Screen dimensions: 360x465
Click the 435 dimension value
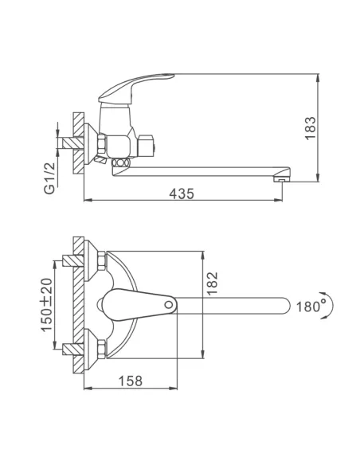pyautogui.click(x=182, y=194)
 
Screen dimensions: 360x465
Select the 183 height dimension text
pyautogui.click(x=311, y=128)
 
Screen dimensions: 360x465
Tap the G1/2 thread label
pyautogui.click(x=49, y=178)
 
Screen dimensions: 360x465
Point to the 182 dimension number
pyautogui.click(x=213, y=283)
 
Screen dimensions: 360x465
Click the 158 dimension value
pyautogui.click(x=131, y=381)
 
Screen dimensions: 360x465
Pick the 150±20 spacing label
pyautogui.click(x=46, y=305)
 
